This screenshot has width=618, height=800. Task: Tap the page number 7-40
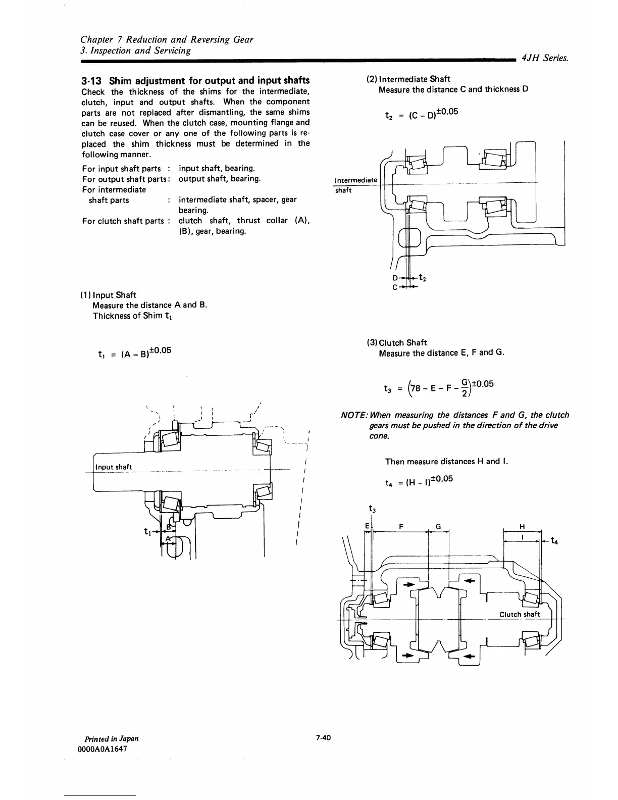[323, 738]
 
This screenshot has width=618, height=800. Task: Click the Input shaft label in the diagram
[114, 467]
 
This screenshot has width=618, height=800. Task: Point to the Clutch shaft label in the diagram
[520, 614]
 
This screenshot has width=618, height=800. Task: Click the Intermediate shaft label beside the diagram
[355, 185]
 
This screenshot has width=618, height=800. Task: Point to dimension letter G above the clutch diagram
[439, 527]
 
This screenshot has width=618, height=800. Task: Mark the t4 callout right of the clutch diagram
[554, 541]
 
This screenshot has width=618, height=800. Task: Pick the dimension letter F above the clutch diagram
[400, 527]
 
